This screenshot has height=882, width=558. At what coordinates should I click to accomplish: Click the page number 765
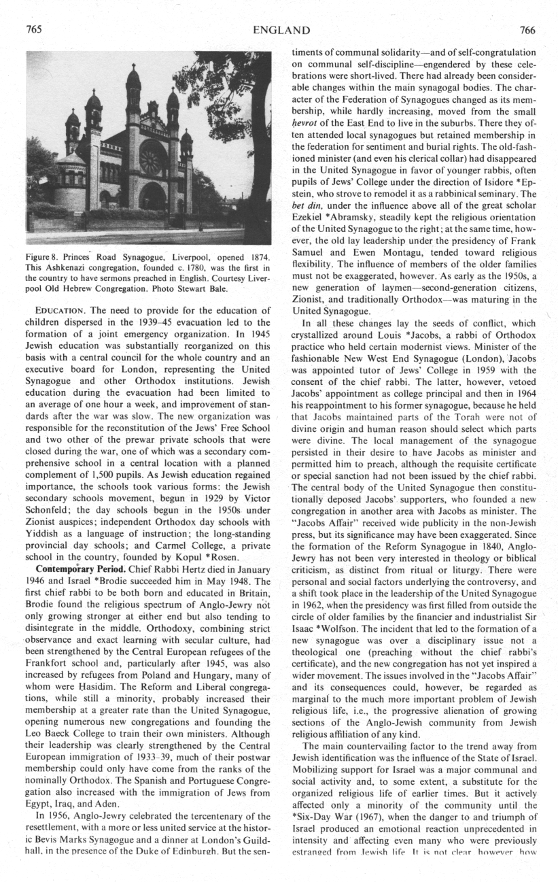coord(34,30)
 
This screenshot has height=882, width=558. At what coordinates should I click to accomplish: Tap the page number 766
coord(527,30)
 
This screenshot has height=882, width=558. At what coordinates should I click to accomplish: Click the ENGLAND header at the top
coord(281,30)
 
